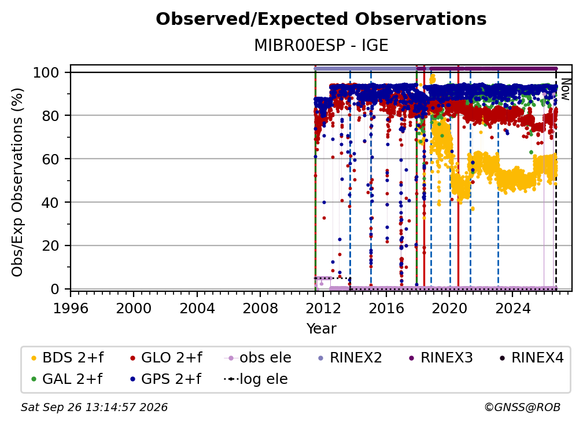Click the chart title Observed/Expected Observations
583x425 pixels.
pyautogui.click(x=321, y=19)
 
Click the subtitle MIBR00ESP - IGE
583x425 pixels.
pyautogui.click(x=321, y=46)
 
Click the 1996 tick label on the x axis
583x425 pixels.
pyautogui.click(x=71, y=309)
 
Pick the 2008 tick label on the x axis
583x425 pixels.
pyautogui.click(x=260, y=309)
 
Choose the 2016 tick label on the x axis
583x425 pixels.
pyautogui.click(x=386, y=309)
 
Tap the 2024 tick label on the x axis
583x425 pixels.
pyautogui.click(x=512, y=309)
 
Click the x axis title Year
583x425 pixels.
pyautogui.click(x=321, y=329)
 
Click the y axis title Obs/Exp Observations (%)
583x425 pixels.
pyautogui.click(x=17, y=182)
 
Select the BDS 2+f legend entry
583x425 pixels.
pyautogui.click(x=67, y=358)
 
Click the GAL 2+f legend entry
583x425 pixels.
pyautogui.click(x=67, y=379)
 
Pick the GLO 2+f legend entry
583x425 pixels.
pyautogui.click(x=166, y=358)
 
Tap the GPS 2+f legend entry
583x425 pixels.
pyautogui.click(x=165, y=379)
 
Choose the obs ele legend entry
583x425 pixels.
pyautogui.click(x=258, y=358)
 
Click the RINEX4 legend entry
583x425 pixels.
pyautogui.click(x=532, y=358)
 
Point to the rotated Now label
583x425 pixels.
pyautogui.click(x=564, y=89)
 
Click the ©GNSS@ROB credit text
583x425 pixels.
pyautogui.click(x=522, y=408)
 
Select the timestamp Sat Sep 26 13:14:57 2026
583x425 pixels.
pyautogui.click(x=94, y=408)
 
